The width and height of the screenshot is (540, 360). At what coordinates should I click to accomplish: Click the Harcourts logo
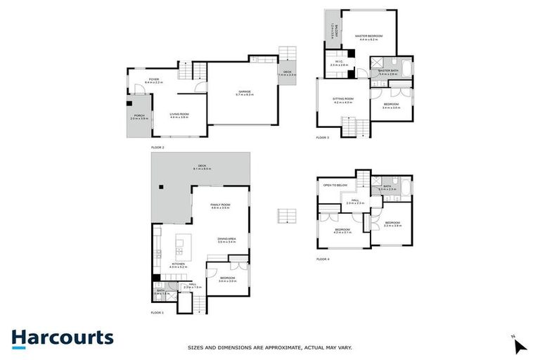coord(62,337)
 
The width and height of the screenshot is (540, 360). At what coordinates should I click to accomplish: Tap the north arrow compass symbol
coord(519,345)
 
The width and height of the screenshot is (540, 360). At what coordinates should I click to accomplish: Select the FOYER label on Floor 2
coord(153,80)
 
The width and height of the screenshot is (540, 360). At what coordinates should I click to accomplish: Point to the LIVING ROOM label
coord(179,115)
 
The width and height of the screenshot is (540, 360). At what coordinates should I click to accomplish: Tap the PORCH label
coord(139,117)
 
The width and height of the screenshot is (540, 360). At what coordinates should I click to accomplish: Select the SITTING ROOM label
coord(343,100)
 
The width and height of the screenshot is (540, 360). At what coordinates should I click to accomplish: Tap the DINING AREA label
coord(226,239)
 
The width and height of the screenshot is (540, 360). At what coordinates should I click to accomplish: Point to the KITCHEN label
coord(176,264)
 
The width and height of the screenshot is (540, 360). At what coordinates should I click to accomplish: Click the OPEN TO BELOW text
coord(335,185)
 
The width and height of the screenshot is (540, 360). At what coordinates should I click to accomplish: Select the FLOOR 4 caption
coord(323,259)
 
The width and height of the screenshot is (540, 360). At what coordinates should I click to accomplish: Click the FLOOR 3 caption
coord(323,138)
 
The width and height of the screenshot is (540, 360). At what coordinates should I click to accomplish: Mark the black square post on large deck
coord(160,186)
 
